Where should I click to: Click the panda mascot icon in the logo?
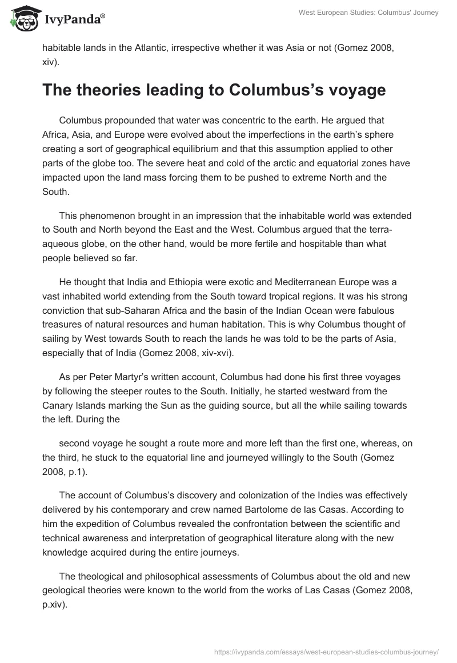[22, 19]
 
